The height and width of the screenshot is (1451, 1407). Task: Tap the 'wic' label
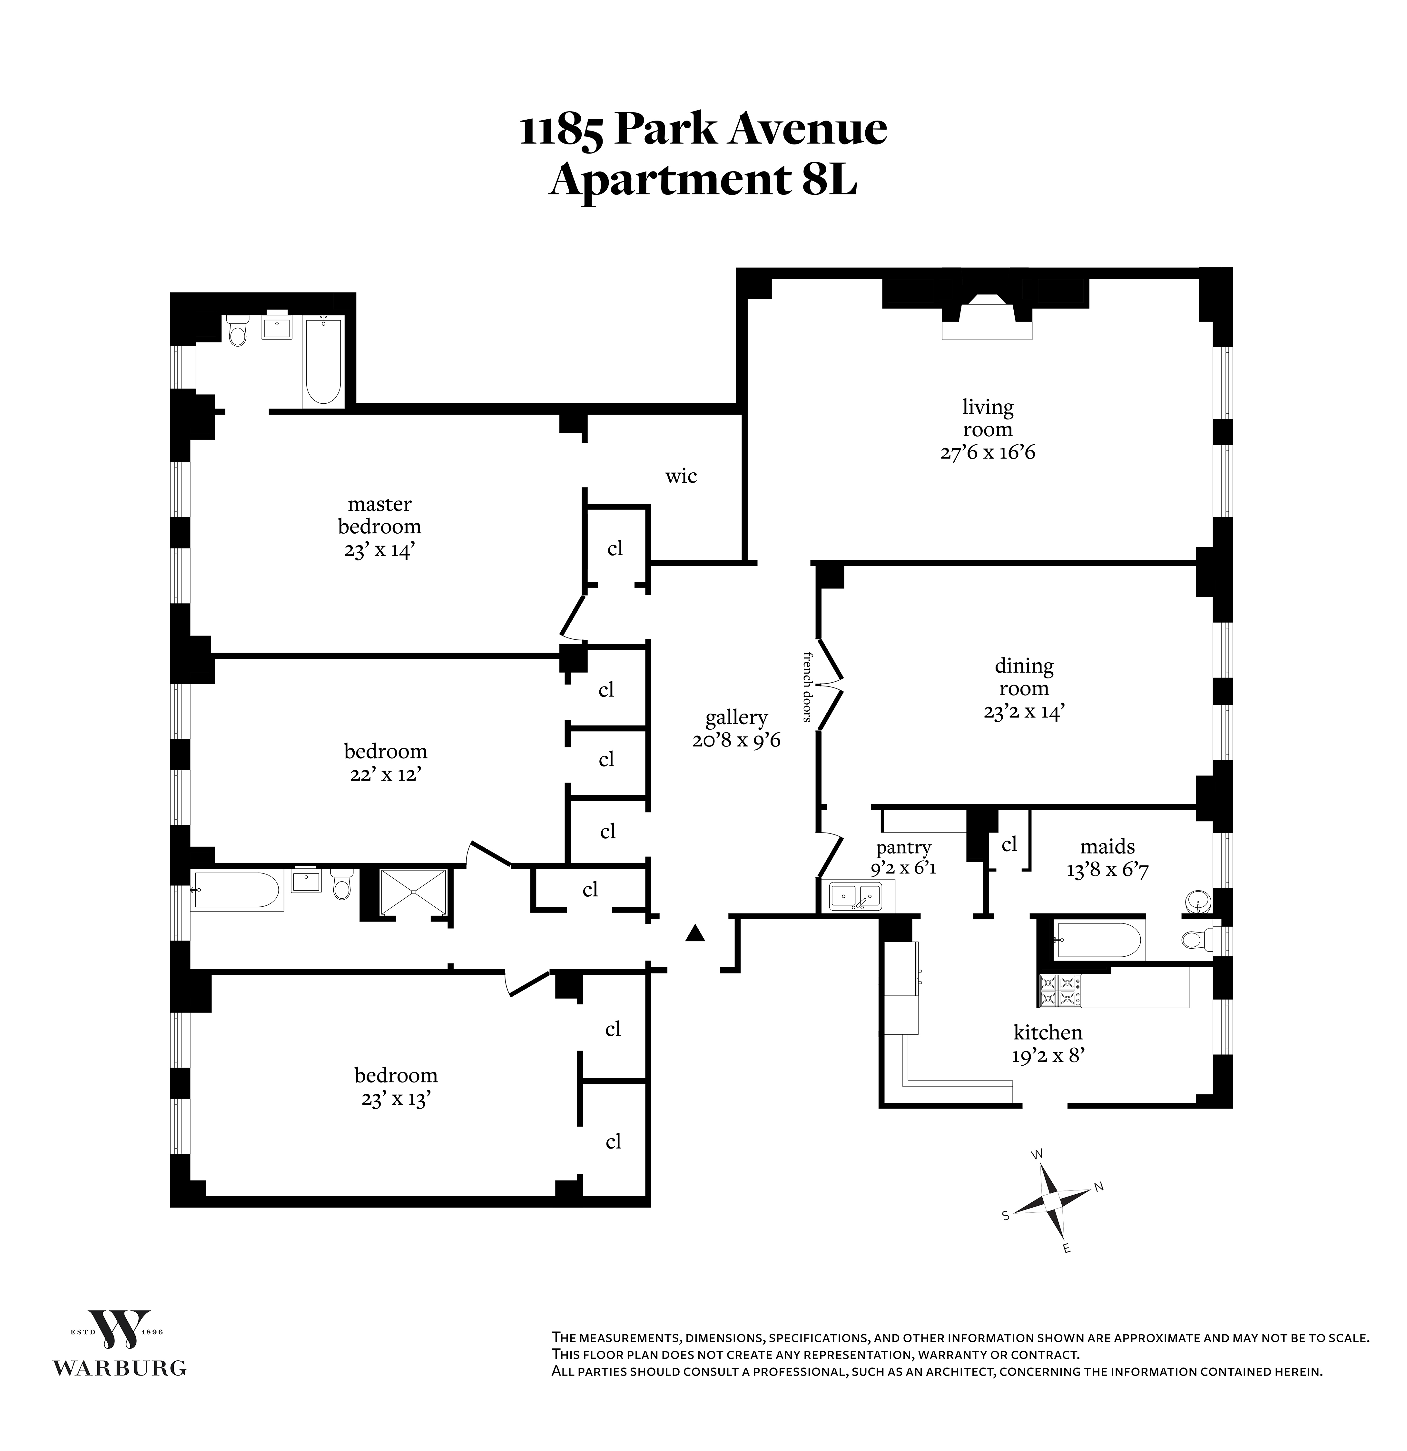click(x=680, y=476)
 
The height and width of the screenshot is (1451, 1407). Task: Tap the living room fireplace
click(x=987, y=318)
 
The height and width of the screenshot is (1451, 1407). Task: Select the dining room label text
click(x=1024, y=676)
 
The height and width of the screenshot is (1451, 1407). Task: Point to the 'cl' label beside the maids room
click(x=1009, y=844)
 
